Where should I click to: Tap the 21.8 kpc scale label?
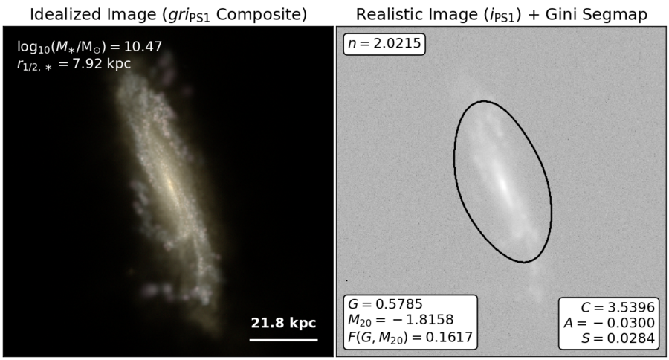point(283,323)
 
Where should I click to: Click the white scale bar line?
point(283,340)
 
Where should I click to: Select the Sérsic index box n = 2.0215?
point(384,44)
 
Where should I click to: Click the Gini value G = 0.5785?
point(385,304)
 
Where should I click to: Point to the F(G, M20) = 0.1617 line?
point(410,338)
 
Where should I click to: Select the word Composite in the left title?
point(261,15)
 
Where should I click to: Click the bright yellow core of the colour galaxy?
point(169,184)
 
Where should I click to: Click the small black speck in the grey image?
point(346,280)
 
